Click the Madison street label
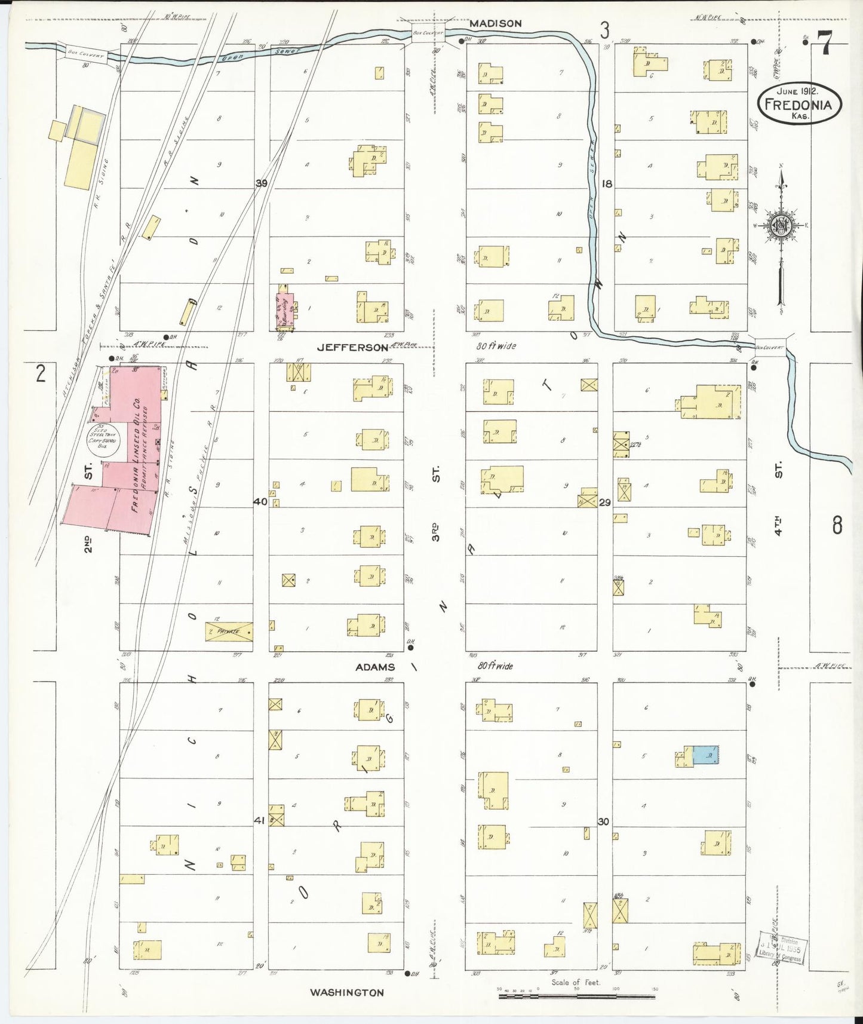click(495, 23)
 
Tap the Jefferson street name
click(352, 347)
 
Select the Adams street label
click(375, 667)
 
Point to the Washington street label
click(346, 992)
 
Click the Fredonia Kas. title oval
click(799, 103)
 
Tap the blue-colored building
click(705, 755)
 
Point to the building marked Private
click(229, 631)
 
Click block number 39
click(261, 183)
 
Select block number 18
click(607, 184)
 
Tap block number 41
click(259, 821)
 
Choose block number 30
click(603, 821)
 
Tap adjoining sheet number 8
click(837, 526)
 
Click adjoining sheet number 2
click(40, 373)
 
